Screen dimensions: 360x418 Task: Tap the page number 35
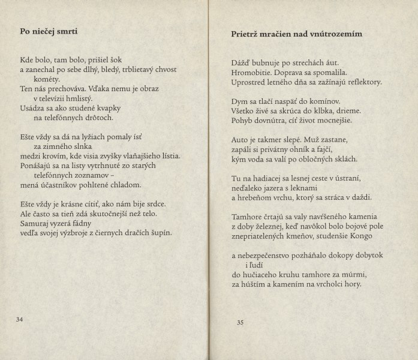click(240, 323)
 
